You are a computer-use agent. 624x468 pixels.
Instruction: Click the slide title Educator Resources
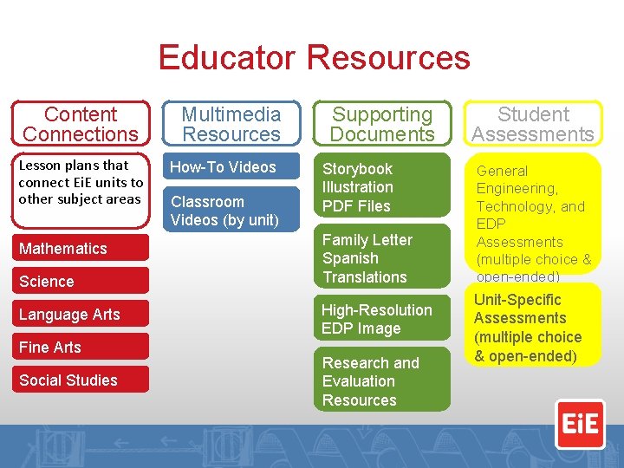(x=314, y=58)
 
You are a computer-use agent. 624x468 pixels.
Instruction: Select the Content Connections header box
(x=81, y=124)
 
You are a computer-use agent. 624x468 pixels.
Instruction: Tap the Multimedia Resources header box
(x=231, y=124)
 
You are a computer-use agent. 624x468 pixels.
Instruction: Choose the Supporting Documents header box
(x=382, y=124)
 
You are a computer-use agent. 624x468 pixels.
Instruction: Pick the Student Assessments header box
(x=533, y=124)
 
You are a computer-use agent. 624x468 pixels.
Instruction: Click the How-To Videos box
(x=232, y=167)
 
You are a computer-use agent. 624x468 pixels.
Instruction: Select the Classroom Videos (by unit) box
(x=232, y=211)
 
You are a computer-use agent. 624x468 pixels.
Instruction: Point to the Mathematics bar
(x=81, y=249)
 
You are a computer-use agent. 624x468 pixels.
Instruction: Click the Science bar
(x=81, y=282)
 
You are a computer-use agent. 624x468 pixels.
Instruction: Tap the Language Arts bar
(x=81, y=315)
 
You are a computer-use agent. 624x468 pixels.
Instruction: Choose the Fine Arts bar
(x=81, y=348)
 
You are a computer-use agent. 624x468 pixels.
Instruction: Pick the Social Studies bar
(x=81, y=380)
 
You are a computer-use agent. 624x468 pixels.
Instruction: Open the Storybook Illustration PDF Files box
(x=382, y=187)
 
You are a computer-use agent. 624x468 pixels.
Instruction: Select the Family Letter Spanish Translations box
(x=382, y=258)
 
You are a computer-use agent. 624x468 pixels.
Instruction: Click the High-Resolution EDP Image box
(x=382, y=319)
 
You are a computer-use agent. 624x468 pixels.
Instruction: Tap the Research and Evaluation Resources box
(x=382, y=381)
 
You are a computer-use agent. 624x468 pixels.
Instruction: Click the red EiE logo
(x=580, y=423)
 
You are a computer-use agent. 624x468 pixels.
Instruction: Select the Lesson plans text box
(x=81, y=183)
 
